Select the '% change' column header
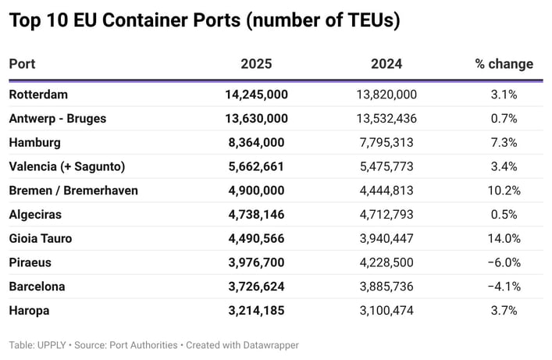click(504, 64)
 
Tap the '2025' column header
click(256, 64)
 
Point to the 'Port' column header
click(23, 64)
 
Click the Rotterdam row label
click(38, 94)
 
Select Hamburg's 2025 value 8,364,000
click(256, 142)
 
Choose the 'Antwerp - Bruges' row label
click(58, 119)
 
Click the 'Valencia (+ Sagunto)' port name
click(67, 166)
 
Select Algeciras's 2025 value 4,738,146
click(256, 215)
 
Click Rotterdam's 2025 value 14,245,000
click(256, 94)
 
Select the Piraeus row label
click(30, 262)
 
